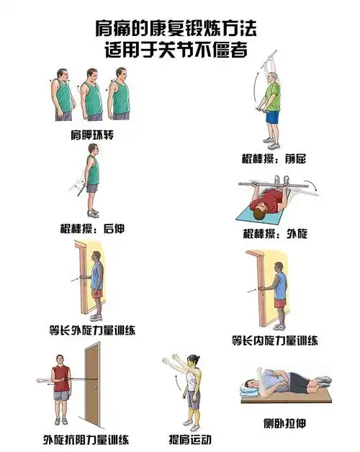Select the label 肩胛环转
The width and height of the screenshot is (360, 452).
coord(92,135)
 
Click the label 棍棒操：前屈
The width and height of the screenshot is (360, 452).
coord(274,158)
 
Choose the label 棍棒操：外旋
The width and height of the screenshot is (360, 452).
coord(275,234)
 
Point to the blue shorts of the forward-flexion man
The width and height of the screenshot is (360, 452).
coord(272,117)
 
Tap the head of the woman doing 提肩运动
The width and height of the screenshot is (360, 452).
coord(193,360)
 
